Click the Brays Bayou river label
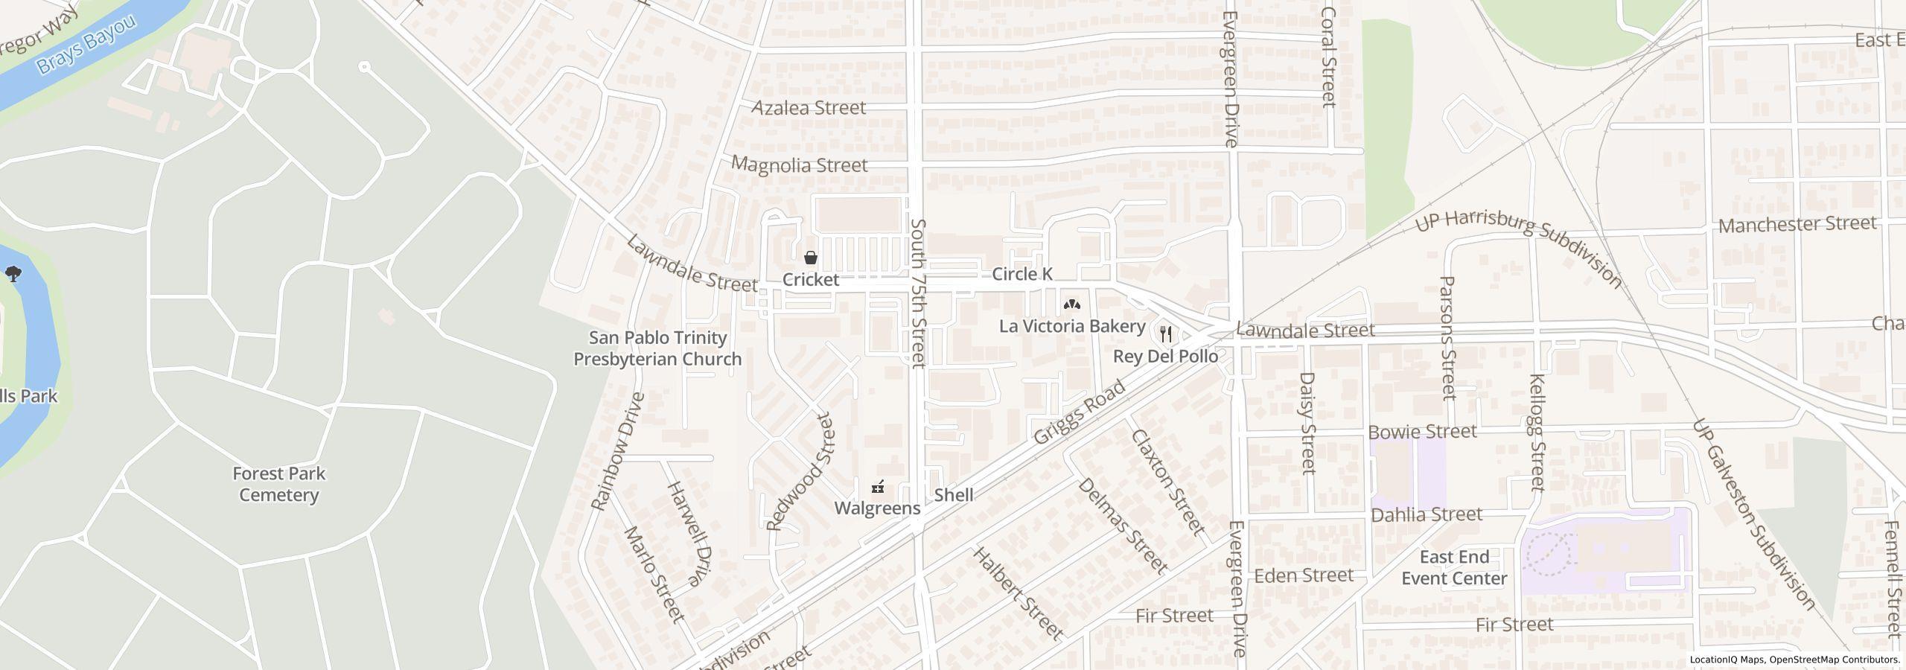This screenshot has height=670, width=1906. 86,44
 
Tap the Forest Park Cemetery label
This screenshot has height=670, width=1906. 278,485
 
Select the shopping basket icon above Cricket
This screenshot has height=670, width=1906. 811,258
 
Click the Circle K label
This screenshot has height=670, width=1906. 1021,275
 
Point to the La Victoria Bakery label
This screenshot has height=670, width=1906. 1071,326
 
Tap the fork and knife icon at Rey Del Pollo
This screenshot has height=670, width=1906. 1166,335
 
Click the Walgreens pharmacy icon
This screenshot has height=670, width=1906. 879,488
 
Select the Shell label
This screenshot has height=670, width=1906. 953,495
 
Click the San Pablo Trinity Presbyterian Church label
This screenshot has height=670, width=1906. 657,348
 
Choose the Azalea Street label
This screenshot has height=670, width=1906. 809,108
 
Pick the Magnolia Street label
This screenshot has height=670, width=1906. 799,165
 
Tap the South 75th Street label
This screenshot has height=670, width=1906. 918,293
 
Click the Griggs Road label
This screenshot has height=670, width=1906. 1079,413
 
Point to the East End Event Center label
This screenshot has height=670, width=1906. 1454,568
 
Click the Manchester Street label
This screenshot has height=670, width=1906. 1797,224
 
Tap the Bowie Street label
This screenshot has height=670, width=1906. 1422,432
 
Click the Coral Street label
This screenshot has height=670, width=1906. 1329,58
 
